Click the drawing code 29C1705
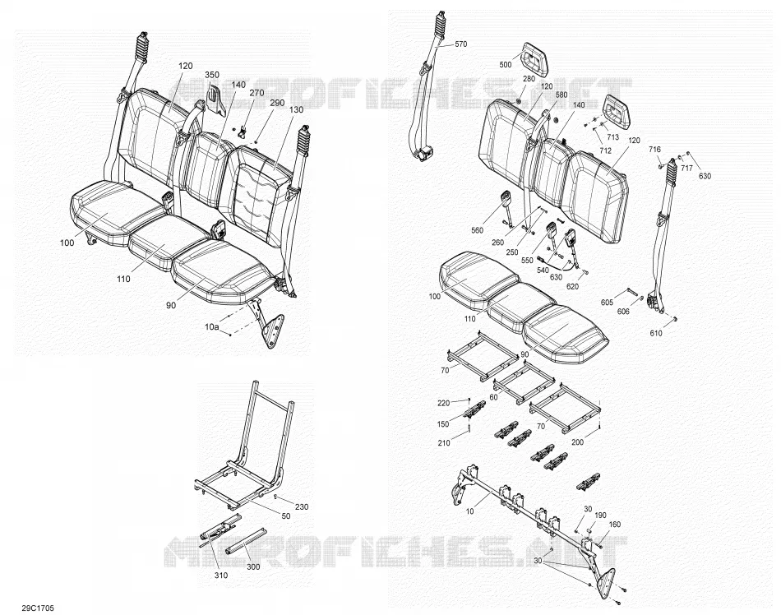click(x=38, y=608)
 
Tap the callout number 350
click(x=211, y=75)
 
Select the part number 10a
click(x=212, y=326)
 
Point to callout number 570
click(x=460, y=44)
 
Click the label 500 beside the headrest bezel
click(x=505, y=65)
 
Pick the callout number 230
click(x=302, y=507)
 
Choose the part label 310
click(x=220, y=576)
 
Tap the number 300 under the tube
click(x=253, y=566)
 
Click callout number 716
click(x=654, y=150)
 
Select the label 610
click(x=656, y=333)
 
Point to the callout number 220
click(x=443, y=403)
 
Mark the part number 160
click(x=615, y=524)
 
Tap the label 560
click(x=477, y=230)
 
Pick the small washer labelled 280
click(x=517, y=102)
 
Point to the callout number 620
click(x=572, y=286)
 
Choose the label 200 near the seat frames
click(x=577, y=442)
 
